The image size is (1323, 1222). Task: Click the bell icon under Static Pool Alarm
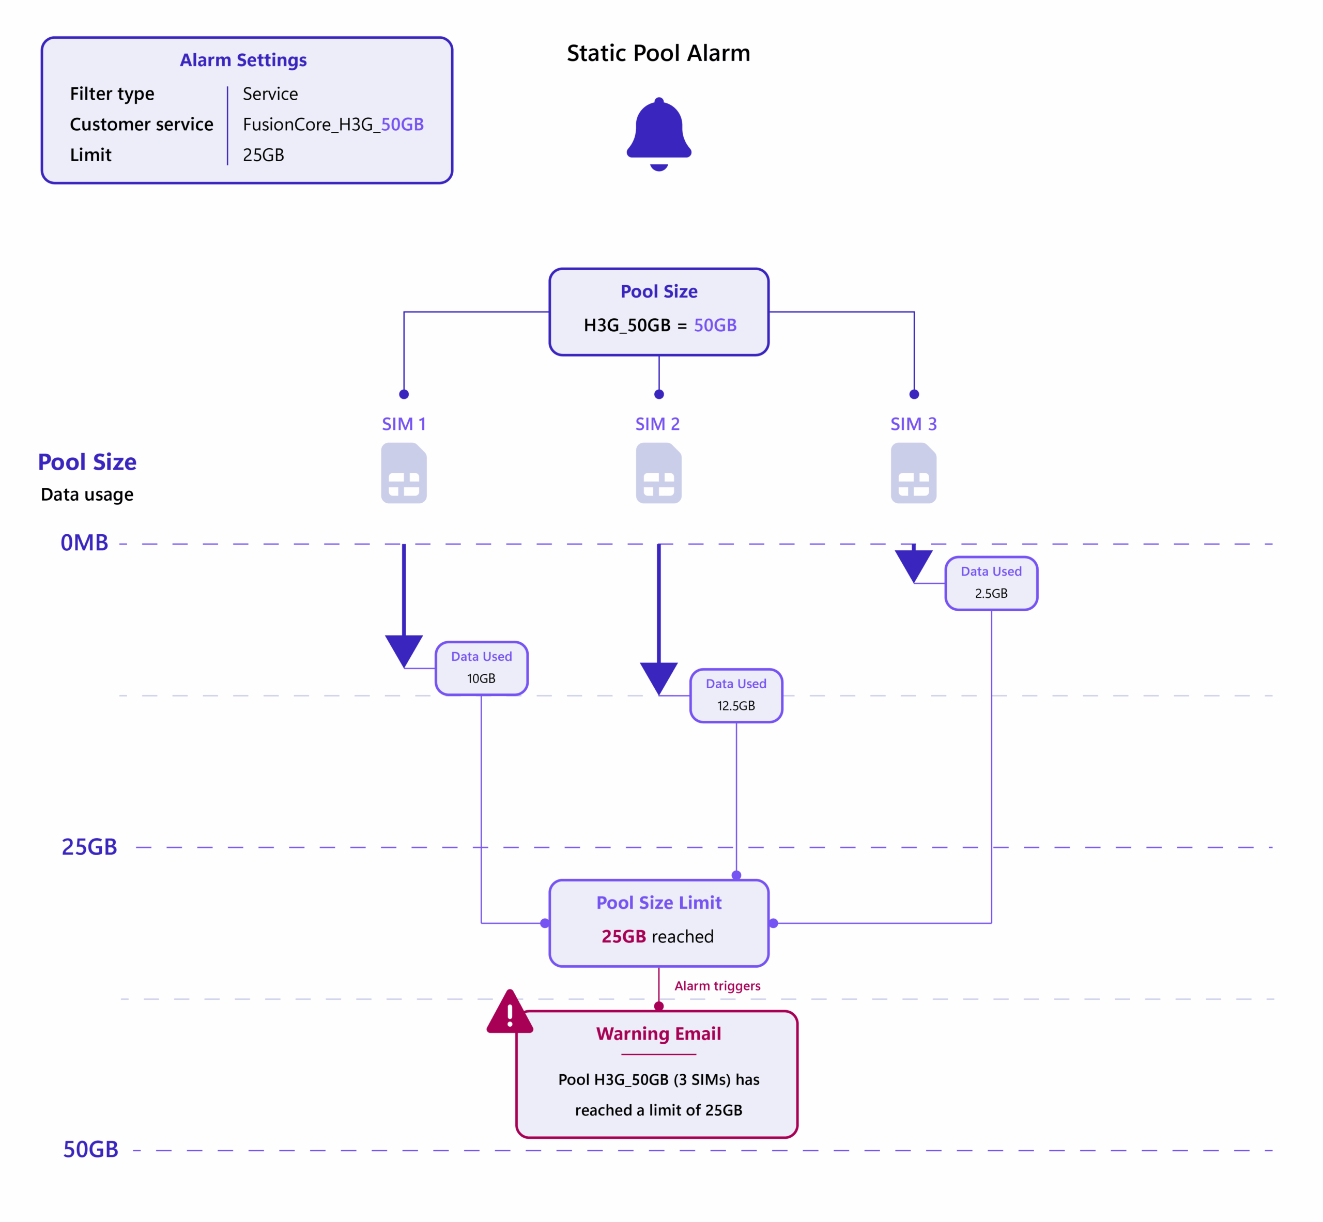659,134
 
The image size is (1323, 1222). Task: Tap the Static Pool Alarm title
658,53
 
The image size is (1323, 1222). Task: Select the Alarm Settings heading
243,60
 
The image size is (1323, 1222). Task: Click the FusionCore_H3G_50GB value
333,125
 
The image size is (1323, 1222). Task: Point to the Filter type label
112,94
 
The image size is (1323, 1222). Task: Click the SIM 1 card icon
404,473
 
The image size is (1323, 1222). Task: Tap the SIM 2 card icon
659,473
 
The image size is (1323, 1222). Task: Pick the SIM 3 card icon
914,473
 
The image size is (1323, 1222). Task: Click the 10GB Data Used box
482,668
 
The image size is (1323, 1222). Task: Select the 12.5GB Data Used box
736,695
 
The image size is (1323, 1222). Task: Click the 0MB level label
84,543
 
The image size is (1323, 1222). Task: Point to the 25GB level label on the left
89,846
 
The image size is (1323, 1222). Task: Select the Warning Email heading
658,1033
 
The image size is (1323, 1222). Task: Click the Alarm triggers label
717,986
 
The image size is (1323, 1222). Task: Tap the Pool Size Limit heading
659,903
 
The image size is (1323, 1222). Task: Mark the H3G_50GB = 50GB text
659,326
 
